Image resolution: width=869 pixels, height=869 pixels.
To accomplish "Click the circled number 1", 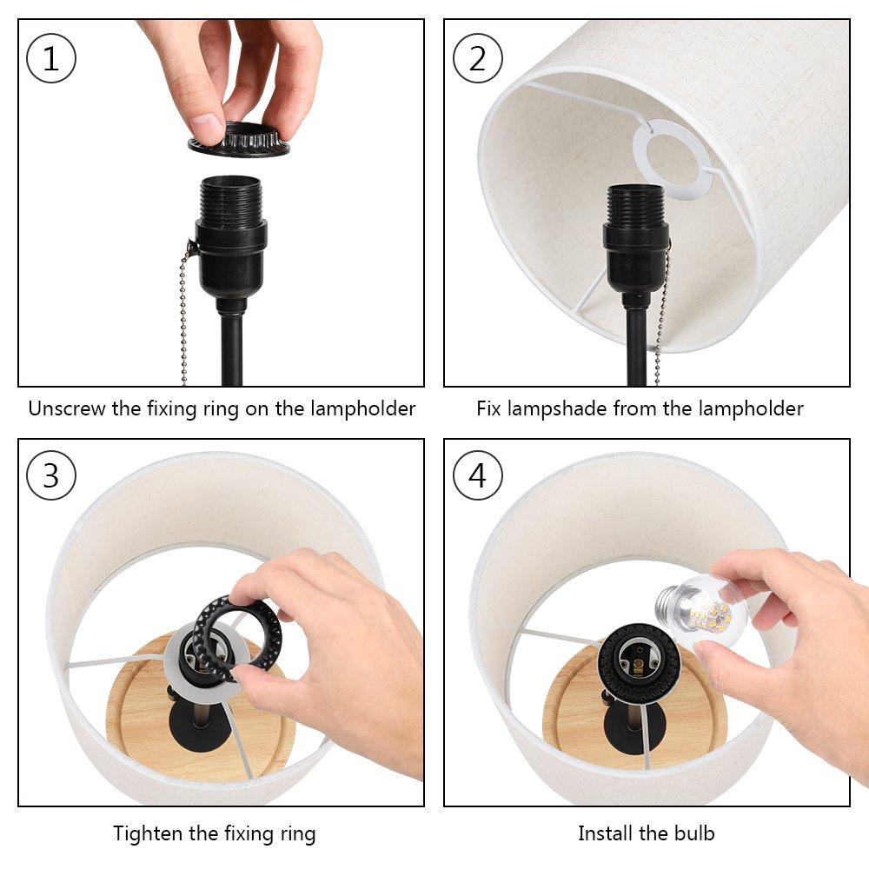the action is pos(51,58).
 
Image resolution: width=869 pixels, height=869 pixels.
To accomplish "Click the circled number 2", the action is pos(478,58).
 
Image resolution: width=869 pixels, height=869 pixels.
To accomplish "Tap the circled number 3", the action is pos(51,475).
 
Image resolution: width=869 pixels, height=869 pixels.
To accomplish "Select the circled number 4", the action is pos(478,475).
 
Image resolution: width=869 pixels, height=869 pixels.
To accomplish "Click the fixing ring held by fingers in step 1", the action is pos(239,142).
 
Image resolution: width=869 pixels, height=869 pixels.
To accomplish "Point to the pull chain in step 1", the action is pos(183,316).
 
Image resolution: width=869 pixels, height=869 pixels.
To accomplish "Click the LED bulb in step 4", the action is pos(701,610).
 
